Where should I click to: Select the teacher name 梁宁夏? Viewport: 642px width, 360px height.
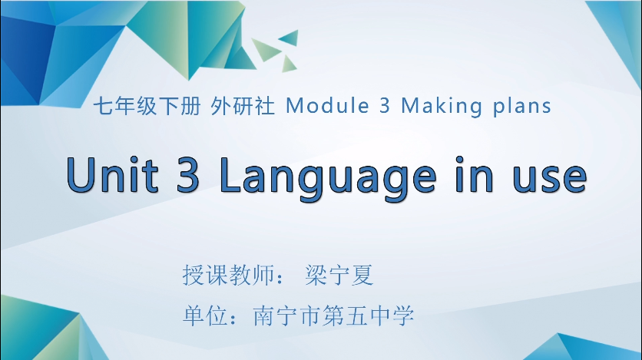tap(339, 276)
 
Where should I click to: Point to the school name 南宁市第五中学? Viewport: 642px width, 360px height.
tap(333, 315)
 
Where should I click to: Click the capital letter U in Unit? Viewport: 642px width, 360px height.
tap(80, 176)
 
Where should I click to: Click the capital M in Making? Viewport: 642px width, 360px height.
tap(409, 106)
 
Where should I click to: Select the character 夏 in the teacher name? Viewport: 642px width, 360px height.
tap(362, 276)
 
